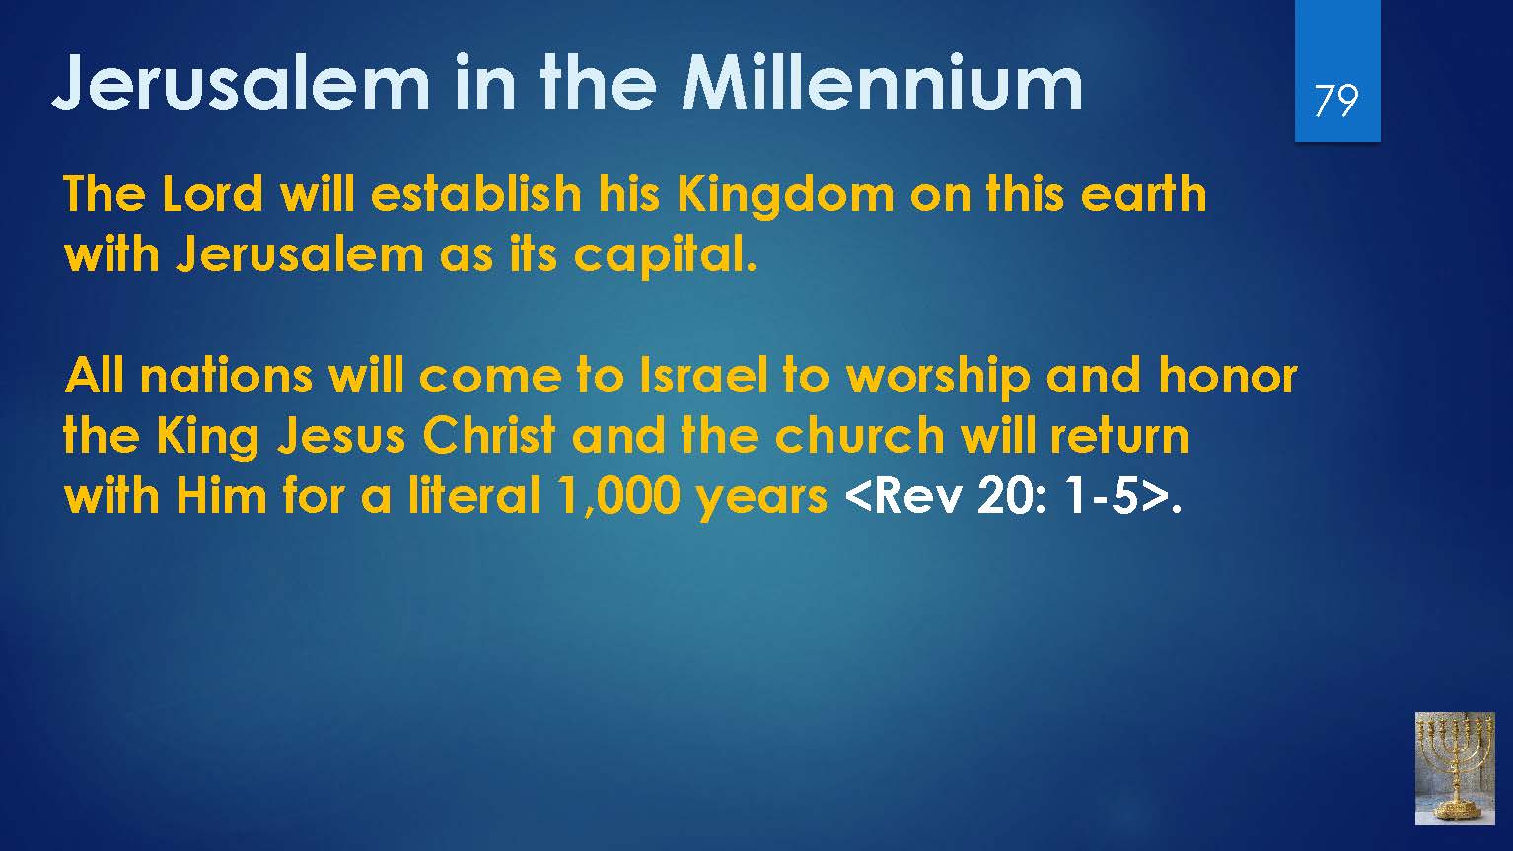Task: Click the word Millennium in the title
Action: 882,83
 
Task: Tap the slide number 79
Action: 1336,102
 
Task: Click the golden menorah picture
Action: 1455,768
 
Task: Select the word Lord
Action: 213,194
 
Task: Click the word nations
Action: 226,376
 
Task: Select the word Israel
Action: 703,376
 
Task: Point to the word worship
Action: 939,380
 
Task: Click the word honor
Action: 1227,376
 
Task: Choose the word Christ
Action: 489,436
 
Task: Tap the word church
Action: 859,436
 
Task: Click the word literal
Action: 474,496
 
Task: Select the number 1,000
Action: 619,498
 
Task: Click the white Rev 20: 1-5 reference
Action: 1007,497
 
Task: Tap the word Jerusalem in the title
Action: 241,83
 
